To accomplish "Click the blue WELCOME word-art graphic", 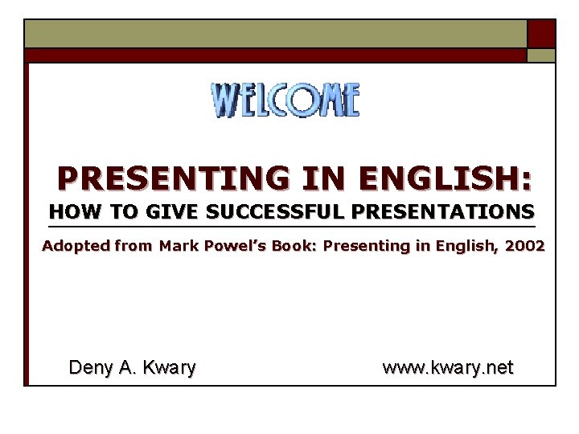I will click(x=285, y=100).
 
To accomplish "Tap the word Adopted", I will click(x=76, y=246).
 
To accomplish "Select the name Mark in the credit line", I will click(x=178, y=246).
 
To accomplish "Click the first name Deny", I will click(x=90, y=368).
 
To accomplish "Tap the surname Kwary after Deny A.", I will click(x=169, y=368).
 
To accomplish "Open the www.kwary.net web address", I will click(x=448, y=368).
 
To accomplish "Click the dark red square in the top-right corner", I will click(x=541, y=34).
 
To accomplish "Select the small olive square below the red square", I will click(x=541, y=55).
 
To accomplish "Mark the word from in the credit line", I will click(x=133, y=246).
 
